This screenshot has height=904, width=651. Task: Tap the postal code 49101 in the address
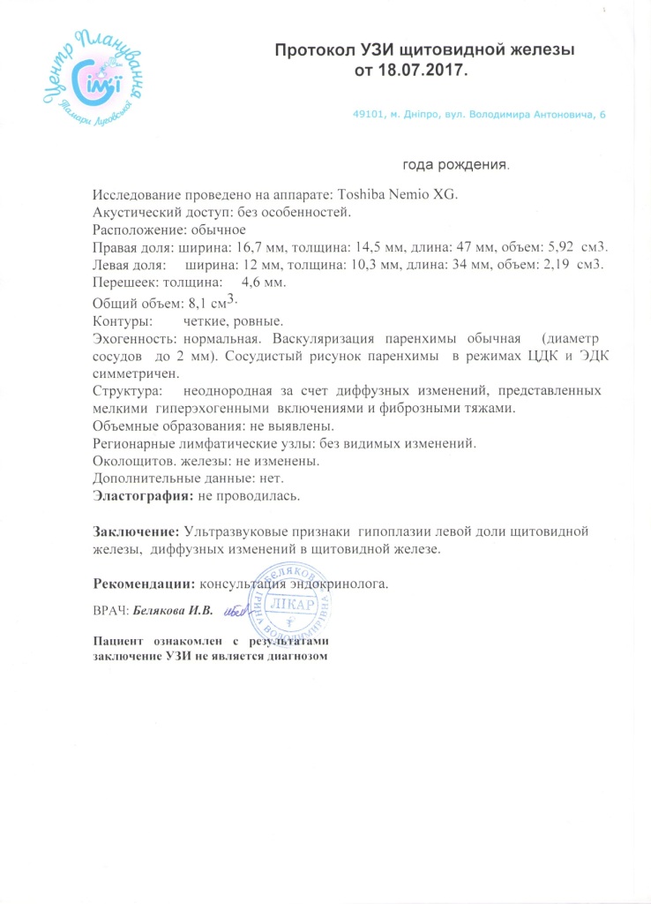click(370, 116)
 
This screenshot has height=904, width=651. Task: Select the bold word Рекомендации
click(145, 584)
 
